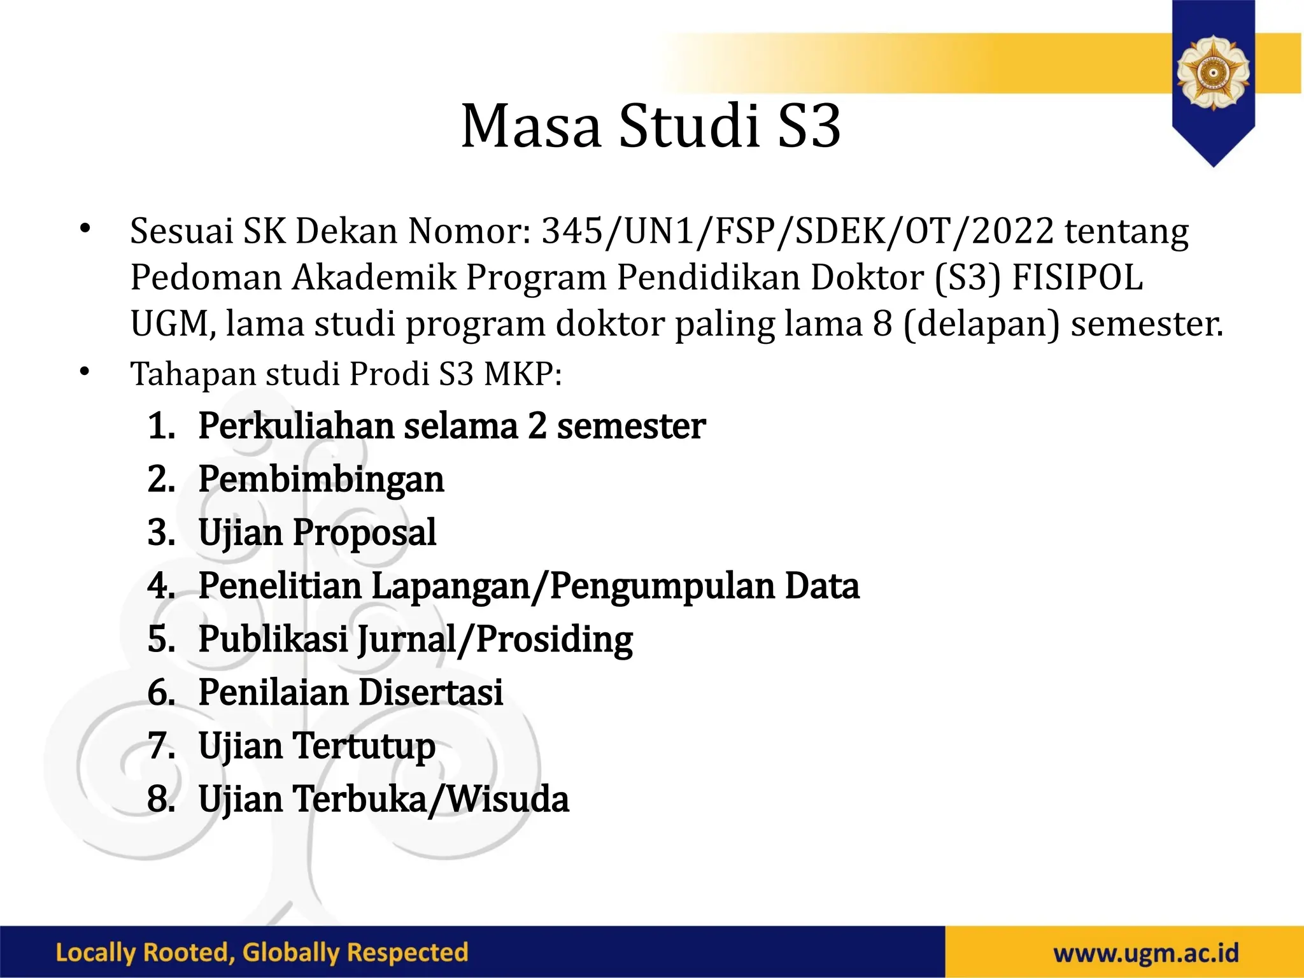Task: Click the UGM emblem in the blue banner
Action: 1213,71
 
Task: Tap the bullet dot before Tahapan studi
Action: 85,371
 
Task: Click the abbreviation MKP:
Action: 523,374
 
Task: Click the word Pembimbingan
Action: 321,480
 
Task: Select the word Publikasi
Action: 273,639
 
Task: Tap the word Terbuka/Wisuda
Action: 431,799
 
